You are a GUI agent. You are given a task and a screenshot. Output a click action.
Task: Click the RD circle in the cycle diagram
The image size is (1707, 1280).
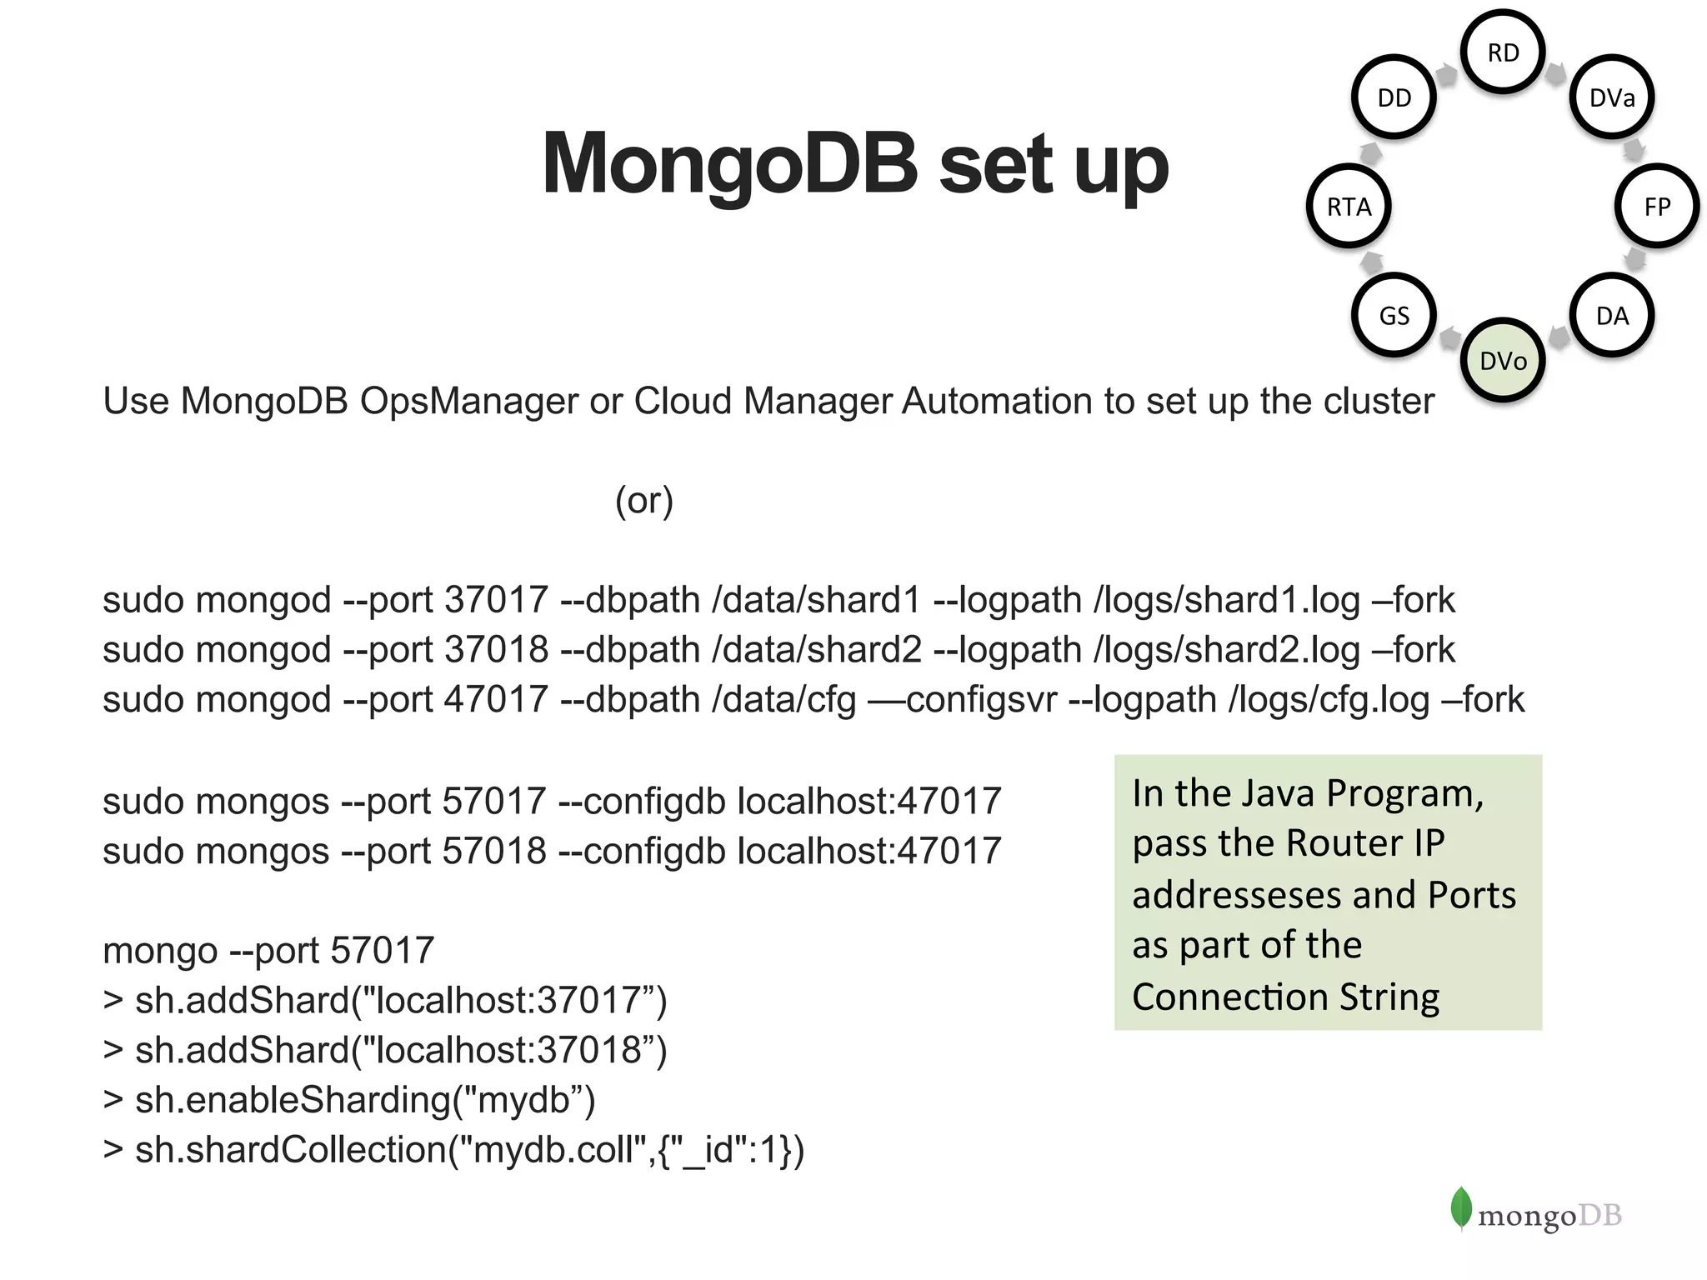tap(1503, 52)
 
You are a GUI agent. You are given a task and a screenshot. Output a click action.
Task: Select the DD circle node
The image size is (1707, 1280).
tap(1394, 97)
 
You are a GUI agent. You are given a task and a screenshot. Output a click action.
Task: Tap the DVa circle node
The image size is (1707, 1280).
tap(1611, 97)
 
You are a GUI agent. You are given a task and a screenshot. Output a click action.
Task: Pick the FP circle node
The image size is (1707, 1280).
tap(1656, 207)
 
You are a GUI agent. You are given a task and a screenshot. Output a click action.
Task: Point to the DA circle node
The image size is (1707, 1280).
tap(1611, 316)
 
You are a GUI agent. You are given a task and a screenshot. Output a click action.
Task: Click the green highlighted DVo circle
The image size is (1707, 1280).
tap(1503, 361)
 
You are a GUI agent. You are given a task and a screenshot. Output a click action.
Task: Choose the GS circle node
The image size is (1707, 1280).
tap(1394, 316)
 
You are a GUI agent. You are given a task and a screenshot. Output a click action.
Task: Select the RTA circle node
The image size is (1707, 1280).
tap(1349, 207)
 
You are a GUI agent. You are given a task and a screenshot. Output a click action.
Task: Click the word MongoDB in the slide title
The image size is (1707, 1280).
tap(729, 164)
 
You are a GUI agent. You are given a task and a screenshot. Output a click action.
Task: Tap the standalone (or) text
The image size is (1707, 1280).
tap(643, 500)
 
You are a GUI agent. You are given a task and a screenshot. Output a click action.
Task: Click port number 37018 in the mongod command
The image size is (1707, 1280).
tap(496, 650)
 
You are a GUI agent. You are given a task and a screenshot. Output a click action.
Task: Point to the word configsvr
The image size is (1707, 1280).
tap(981, 700)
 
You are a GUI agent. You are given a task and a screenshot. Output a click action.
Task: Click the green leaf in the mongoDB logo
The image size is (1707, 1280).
tap(1460, 1207)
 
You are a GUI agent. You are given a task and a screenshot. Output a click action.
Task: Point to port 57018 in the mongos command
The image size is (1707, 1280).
tap(494, 851)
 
